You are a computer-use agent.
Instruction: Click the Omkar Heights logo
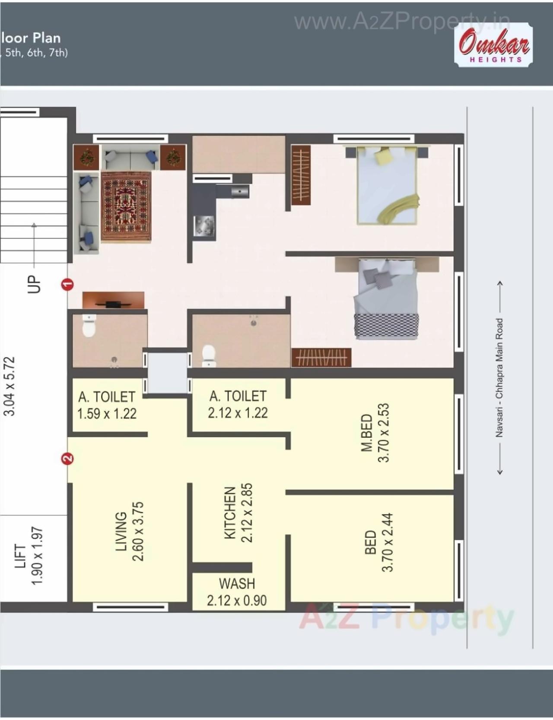pyautogui.click(x=493, y=45)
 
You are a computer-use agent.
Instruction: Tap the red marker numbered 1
pyautogui.click(x=67, y=284)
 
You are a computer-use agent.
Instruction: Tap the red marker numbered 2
pyautogui.click(x=67, y=458)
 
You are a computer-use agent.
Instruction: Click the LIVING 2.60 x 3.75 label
pyautogui.click(x=129, y=531)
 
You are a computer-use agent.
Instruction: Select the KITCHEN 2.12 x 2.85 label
pyautogui.click(x=238, y=513)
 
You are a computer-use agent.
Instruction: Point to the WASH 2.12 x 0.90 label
pyautogui.click(x=237, y=592)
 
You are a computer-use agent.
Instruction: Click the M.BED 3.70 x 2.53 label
pyautogui.click(x=375, y=433)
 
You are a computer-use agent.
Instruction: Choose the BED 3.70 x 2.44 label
pyautogui.click(x=378, y=542)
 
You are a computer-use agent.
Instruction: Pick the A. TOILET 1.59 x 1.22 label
pyautogui.click(x=107, y=405)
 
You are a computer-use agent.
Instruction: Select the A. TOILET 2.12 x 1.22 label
pyautogui.click(x=238, y=404)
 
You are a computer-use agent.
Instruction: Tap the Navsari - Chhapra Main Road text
pyautogui.click(x=499, y=377)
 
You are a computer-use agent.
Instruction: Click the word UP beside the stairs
pyautogui.click(x=34, y=284)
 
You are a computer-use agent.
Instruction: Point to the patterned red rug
pyautogui.click(x=126, y=206)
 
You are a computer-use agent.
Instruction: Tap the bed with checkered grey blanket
pyautogui.click(x=385, y=299)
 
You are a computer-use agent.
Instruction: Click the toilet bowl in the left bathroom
pyautogui.click(x=89, y=326)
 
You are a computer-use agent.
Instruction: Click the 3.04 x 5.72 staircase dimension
pyautogui.click(x=10, y=386)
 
